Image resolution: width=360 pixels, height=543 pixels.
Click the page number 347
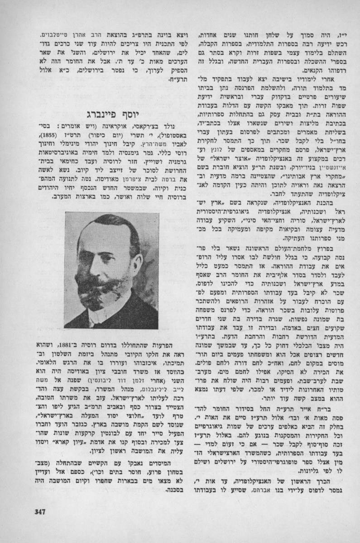41,512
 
